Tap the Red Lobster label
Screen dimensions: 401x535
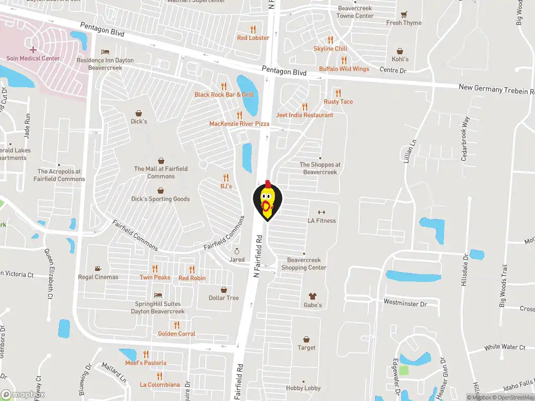click(253, 38)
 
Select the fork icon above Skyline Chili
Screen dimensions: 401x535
click(330, 40)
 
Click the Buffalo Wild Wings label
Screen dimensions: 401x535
click(344, 69)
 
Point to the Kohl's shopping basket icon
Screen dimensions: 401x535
click(400, 51)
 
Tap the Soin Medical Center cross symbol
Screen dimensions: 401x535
click(33, 50)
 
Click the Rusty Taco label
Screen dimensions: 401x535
click(338, 102)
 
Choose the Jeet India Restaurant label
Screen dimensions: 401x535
click(305, 115)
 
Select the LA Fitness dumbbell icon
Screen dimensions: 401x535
click(321, 212)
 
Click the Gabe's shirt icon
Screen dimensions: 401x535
click(313, 296)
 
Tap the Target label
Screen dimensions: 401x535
click(307, 348)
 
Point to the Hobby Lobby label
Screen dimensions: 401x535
click(303, 388)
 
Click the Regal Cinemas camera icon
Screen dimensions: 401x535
click(98, 268)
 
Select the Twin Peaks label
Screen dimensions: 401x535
click(155, 277)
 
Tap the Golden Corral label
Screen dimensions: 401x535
click(177, 334)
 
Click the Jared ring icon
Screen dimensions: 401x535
click(236, 251)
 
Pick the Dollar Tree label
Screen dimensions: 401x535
click(224, 298)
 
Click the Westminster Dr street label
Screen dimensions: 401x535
click(405, 303)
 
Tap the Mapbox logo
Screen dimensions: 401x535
click(22, 394)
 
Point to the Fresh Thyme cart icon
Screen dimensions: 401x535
click(403, 15)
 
